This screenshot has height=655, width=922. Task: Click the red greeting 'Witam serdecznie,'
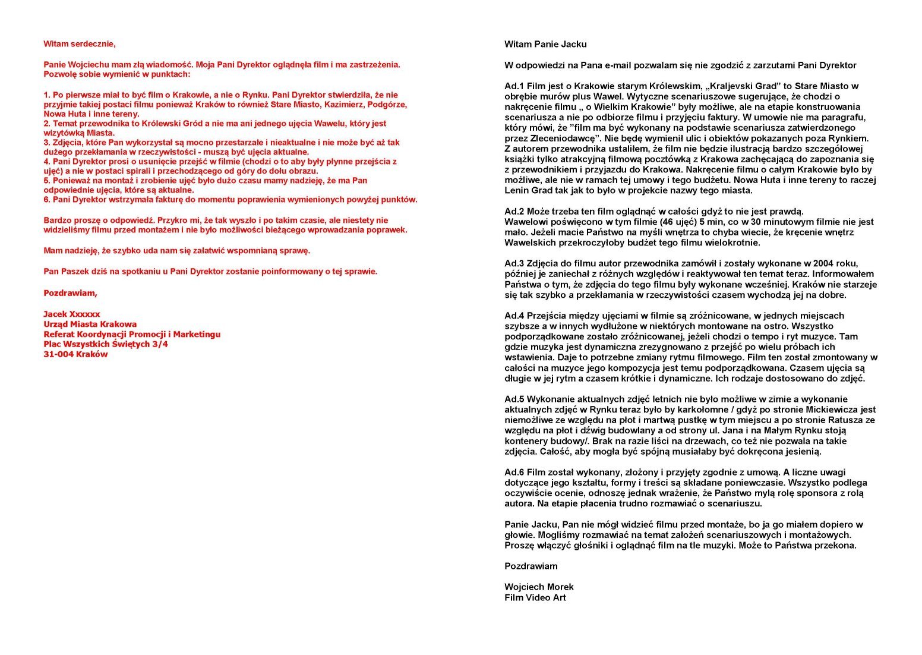coord(80,44)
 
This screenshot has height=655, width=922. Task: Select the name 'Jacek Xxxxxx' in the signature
coord(71,314)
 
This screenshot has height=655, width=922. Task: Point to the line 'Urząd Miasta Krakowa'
coord(90,324)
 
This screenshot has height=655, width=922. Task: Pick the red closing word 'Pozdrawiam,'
coord(70,293)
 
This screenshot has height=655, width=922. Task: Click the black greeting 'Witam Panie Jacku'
coord(545,44)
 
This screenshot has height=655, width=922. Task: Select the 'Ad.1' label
coord(514,86)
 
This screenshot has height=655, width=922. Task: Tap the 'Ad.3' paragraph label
coord(514,263)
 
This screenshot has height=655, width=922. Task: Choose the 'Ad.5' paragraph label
coord(514,399)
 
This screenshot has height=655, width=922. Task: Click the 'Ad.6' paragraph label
coord(514,473)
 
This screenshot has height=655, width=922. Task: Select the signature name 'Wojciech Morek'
coord(539,587)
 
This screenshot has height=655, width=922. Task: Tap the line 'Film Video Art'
coord(535,598)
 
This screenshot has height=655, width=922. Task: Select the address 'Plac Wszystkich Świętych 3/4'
coord(106,344)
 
